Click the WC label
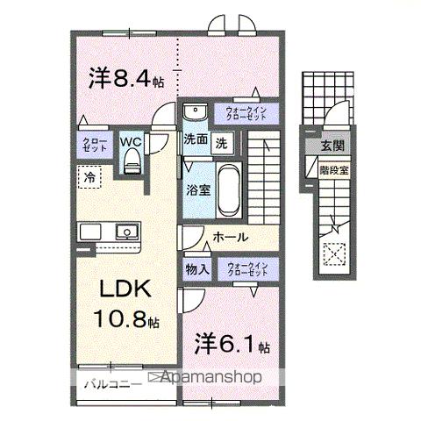(131, 140)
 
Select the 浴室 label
(196, 189)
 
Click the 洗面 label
(196, 140)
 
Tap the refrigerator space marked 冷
(89, 177)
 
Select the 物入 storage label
(197, 270)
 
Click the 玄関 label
(332, 146)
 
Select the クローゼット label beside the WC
(95, 145)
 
